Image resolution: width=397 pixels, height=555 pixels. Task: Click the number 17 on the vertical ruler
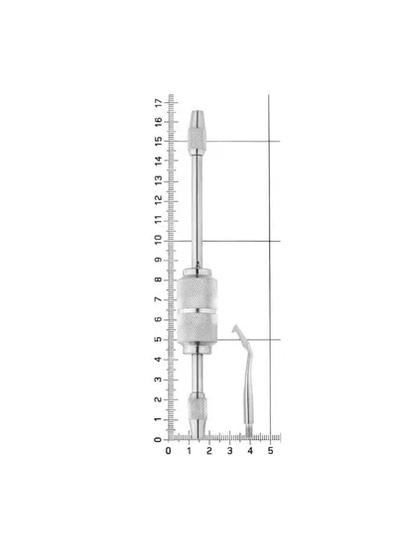click(x=158, y=103)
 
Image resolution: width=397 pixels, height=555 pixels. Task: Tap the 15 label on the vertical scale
click(x=158, y=141)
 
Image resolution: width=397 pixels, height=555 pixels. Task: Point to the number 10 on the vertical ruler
click(x=158, y=240)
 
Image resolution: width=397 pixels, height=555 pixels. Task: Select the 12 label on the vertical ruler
click(x=158, y=200)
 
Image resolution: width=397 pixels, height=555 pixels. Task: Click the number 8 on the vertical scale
click(x=158, y=279)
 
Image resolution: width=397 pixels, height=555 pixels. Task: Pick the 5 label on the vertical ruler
click(x=158, y=339)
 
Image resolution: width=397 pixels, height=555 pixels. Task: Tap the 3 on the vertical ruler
click(x=158, y=380)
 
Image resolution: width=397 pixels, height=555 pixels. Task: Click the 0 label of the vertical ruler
click(x=158, y=440)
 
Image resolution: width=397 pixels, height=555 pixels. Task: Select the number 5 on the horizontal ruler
click(x=270, y=451)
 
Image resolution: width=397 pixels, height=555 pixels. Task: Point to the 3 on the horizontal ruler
click(x=229, y=451)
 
